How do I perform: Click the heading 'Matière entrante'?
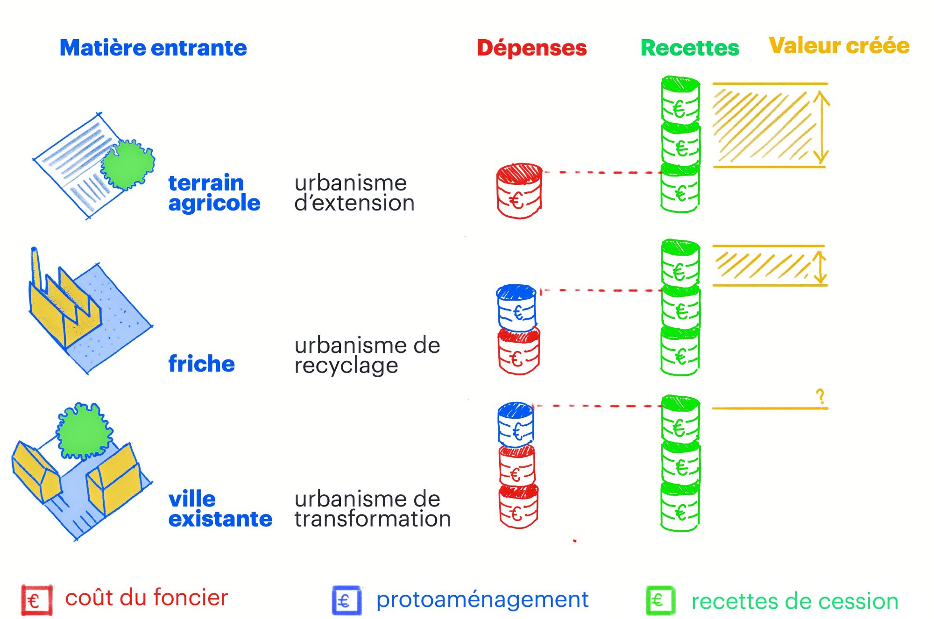153,48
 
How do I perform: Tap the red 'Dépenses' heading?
531,48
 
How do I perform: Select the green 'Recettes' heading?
690,48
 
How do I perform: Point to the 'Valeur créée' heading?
839,46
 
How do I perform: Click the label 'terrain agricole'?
214,193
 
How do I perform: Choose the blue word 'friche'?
201,364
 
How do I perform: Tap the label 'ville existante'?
219,509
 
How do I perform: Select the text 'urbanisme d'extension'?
354,193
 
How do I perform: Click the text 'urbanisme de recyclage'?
367,355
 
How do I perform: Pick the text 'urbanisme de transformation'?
372,509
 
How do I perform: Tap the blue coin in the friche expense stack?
517,308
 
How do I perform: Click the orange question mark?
821,397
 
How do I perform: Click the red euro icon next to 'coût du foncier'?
36,600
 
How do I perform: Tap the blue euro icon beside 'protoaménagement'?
347,600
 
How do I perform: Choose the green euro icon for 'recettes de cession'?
660,600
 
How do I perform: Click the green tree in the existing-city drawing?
84,432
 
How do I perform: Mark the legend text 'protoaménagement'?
482,599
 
